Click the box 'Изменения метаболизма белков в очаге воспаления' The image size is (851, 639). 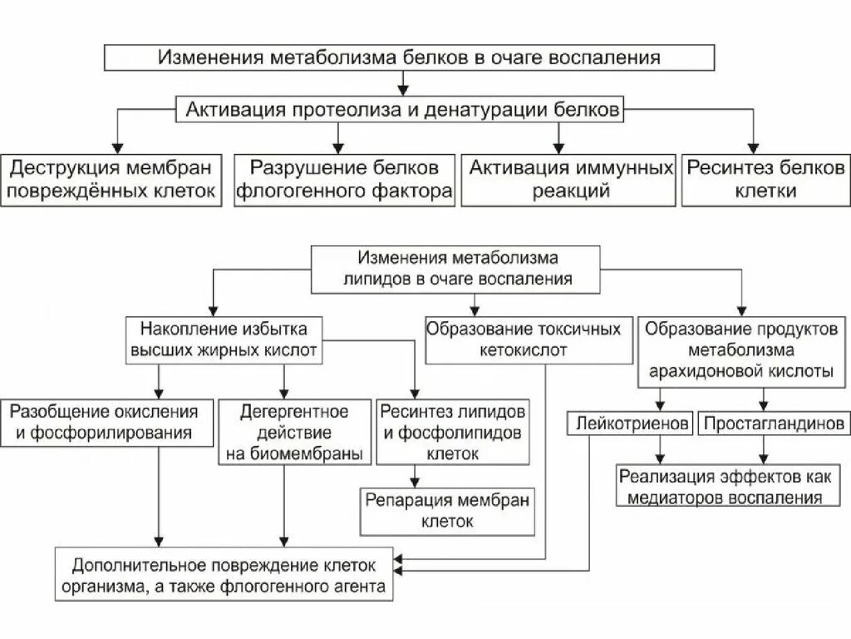pyautogui.click(x=409, y=57)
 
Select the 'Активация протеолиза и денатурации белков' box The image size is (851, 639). pyautogui.click(x=401, y=108)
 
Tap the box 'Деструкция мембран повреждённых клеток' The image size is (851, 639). pyautogui.click(x=111, y=179)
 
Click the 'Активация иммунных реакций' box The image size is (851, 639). pyautogui.click(x=568, y=179)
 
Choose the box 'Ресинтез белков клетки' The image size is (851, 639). pyautogui.click(x=765, y=179)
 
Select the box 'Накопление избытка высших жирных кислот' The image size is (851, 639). pyautogui.click(x=224, y=339)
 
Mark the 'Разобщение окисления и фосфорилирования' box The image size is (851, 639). pyautogui.click(x=105, y=422)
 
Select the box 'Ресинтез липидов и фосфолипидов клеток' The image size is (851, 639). pyautogui.click(x=452, y=433)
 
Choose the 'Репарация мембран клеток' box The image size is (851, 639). pyautogui.click(x=446, y=511)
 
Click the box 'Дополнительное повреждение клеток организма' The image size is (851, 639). pyautogui.click(x=223, y=575)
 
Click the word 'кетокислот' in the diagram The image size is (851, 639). pyautogui.click(x=524, y=350)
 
